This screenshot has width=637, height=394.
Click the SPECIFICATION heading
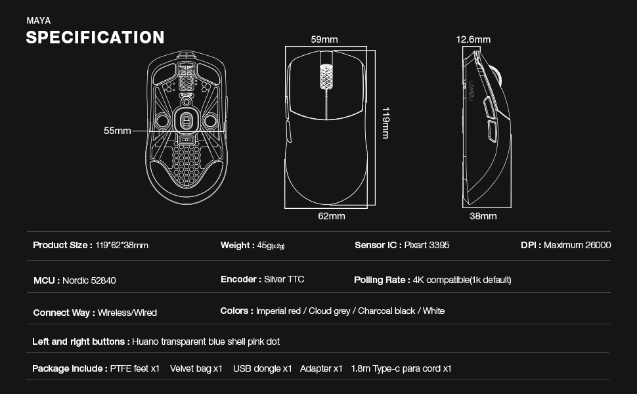click(x=95, y=37)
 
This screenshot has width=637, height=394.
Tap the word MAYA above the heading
click(x=38, y=20)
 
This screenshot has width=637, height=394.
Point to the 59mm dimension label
click(x=324, y=39)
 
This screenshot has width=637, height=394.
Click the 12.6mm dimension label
click(x=473, y=39)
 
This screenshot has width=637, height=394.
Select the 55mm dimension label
click(x=118, y=131)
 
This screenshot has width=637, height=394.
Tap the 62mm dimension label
click(x=332, y=216)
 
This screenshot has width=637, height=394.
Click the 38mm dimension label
click(x=483, y=216)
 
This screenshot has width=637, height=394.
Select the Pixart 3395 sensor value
click(x=427, y=245)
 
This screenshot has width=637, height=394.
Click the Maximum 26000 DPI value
click(x=577, y=245)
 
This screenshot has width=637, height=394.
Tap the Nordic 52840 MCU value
click(x=89, y=280)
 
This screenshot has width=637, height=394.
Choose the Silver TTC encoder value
click(x=284, y=279)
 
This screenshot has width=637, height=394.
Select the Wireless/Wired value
click(x=127, y=313)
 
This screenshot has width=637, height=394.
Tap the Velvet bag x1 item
click(x=196, y=368)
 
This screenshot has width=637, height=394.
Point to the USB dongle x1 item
click(x=262, y=368)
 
